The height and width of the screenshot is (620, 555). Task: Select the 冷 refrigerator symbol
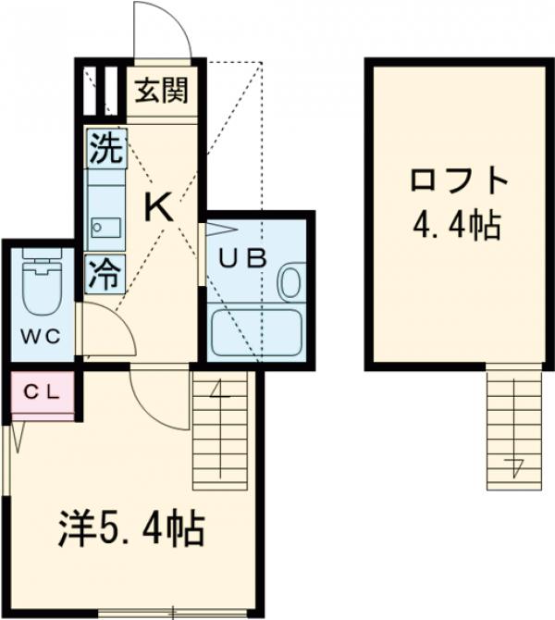pyautogui.click(x=105, y=273)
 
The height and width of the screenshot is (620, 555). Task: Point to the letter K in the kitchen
pyautogui.click(x=159, y=210)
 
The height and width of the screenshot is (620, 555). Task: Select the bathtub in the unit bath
pyautogui.click(x=256, y=333)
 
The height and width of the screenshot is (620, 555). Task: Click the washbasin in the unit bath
pyautogui.click(x=290, y=282)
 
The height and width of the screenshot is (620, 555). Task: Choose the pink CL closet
pyautogui.click(x=43, y=393)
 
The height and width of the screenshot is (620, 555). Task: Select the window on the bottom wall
pyautogui.click(x=173, y=610)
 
